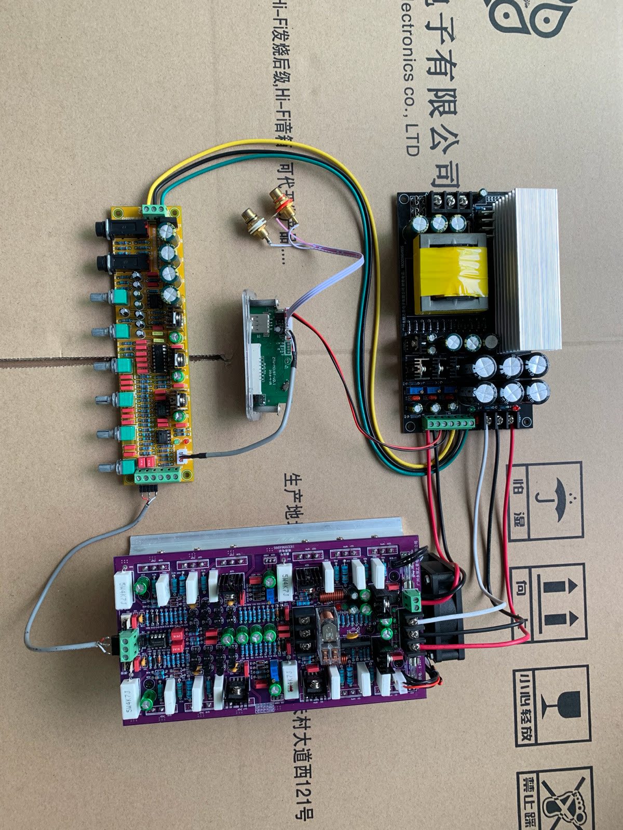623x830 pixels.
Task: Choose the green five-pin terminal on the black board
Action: pos(449,422)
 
